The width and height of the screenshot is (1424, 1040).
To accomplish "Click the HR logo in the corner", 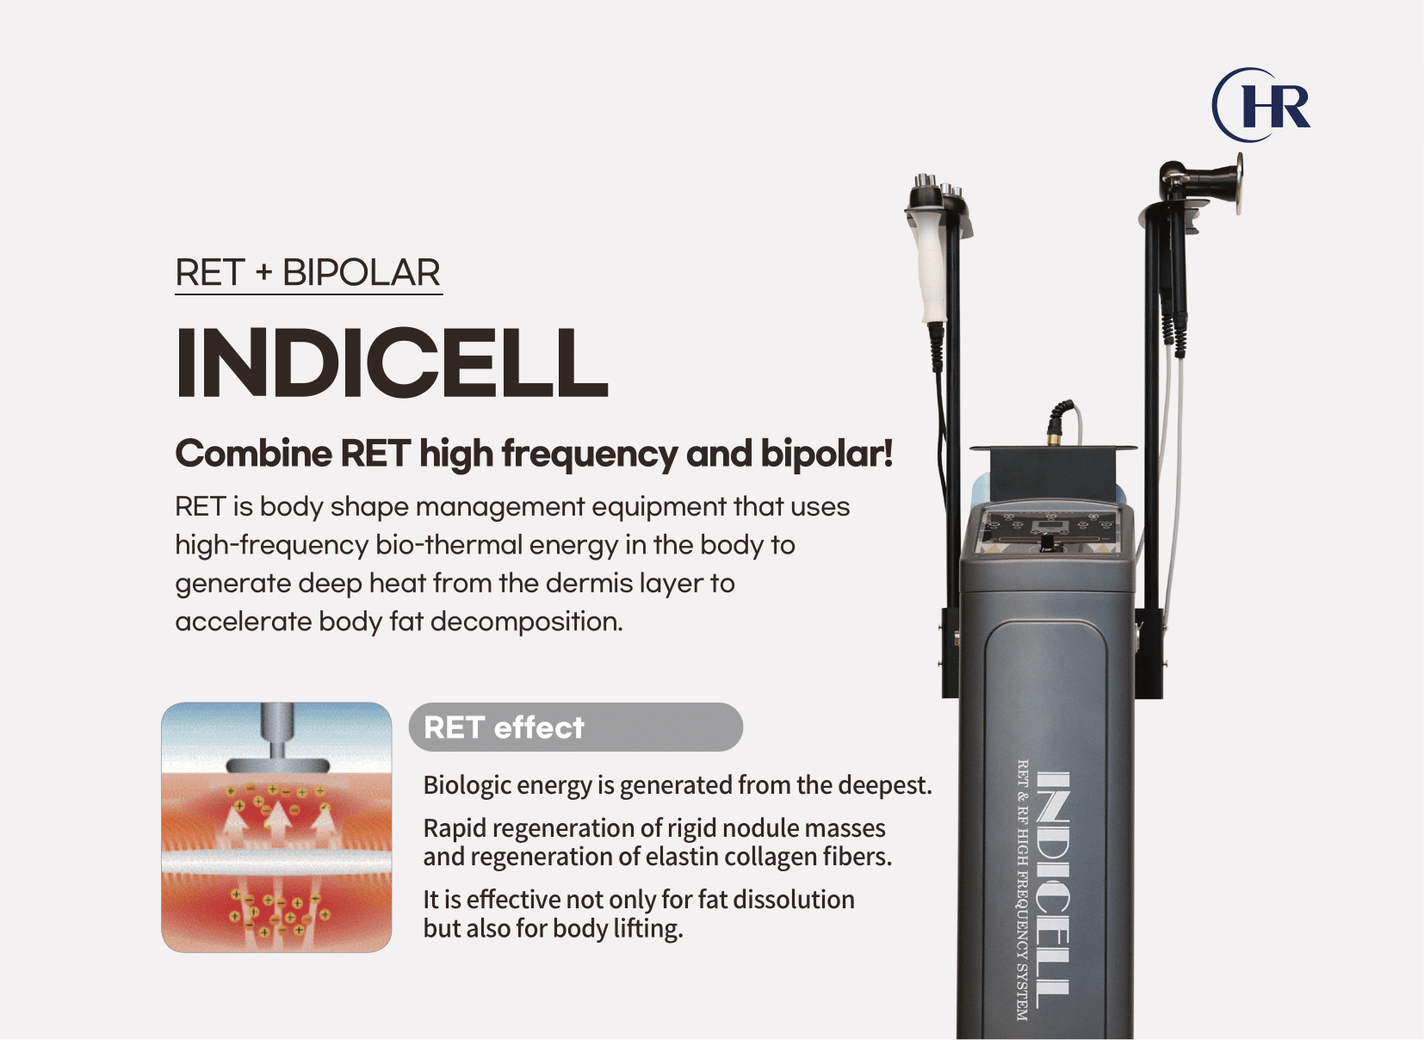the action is click(1260, 105).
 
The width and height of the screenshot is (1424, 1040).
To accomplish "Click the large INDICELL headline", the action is click(392, 362).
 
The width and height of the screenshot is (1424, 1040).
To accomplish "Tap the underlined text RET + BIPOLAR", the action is click(307, 273).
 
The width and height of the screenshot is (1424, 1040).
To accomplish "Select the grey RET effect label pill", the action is click(575, 727).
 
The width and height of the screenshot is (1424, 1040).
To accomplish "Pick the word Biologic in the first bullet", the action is click(467, 786).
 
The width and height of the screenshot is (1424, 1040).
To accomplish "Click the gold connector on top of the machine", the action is click(1053, 438).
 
